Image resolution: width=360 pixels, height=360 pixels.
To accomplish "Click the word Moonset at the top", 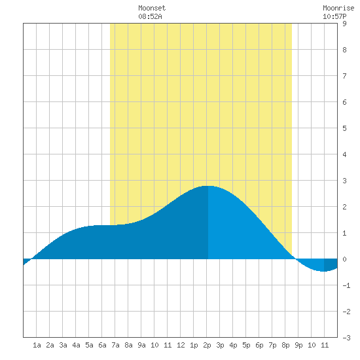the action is pos(152,8).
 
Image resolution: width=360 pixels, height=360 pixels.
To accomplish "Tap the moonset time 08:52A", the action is pos(150,16).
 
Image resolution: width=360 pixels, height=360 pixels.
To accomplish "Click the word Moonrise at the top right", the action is pos(338,8).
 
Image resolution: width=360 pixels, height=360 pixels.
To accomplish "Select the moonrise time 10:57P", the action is pos(334,16).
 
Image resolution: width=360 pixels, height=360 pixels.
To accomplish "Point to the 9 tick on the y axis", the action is pos(344,24).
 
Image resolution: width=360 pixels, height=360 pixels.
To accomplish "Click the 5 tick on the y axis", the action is pos(344,128).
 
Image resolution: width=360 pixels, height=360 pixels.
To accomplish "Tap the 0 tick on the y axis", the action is pos(344,259).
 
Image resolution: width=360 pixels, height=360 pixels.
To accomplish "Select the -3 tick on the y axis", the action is pos(346,338).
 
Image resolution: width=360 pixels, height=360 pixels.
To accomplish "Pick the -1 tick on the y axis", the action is pos(346,285).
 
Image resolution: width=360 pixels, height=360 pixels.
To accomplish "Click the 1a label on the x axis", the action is pos(37,345).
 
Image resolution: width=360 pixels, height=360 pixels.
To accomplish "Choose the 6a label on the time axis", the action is pos(102,345).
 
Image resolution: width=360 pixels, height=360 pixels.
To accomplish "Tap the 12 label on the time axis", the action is pos(181,345).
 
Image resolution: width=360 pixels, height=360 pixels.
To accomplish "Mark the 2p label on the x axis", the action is pos(207,345).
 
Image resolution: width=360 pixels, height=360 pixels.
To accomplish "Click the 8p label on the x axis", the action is pos(285,345).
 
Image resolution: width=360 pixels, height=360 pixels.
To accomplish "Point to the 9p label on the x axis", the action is pos(298,345).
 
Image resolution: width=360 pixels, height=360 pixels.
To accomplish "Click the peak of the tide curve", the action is pos(207,186).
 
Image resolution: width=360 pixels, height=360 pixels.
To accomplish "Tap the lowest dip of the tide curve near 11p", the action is pos(323,271).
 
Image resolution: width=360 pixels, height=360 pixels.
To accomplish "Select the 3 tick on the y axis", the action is pos(344,181).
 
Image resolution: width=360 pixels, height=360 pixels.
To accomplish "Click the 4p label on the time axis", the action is pos(233,345).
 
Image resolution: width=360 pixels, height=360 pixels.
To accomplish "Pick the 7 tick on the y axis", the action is pos(344,76).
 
